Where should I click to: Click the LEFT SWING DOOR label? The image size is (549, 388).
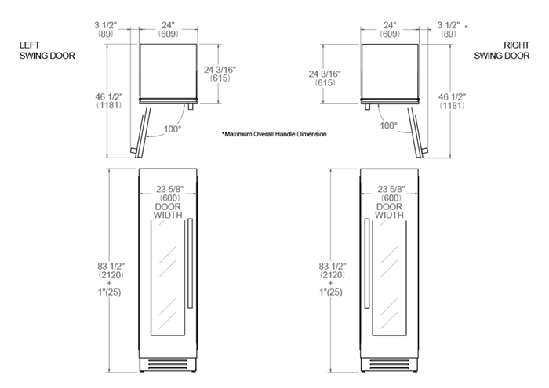pyautogui.click(x=47, y=50)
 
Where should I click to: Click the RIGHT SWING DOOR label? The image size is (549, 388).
pyautogui.click(x=502, y=50)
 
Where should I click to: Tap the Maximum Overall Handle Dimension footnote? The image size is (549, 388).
pyautogui.click(x=274, y=134)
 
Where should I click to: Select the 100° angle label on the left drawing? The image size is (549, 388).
pyautogui.click(x=173, y=129)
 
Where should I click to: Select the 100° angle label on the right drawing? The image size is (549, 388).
pyautogui.click(x=389, y=125)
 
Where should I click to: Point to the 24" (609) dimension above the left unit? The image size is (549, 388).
pyautogui.click(x=168, y=29)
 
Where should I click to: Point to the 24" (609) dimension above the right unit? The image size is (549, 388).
pyautogui.click(x=390, y=29)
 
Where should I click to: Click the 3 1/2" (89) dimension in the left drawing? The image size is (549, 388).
pyautogui.click(x=105, y=29)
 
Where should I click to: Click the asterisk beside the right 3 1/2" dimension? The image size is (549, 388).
pyautogui.click(x=466, y=27)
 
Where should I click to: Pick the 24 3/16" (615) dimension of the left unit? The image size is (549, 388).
pyautogui.click(x=220, y=74)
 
